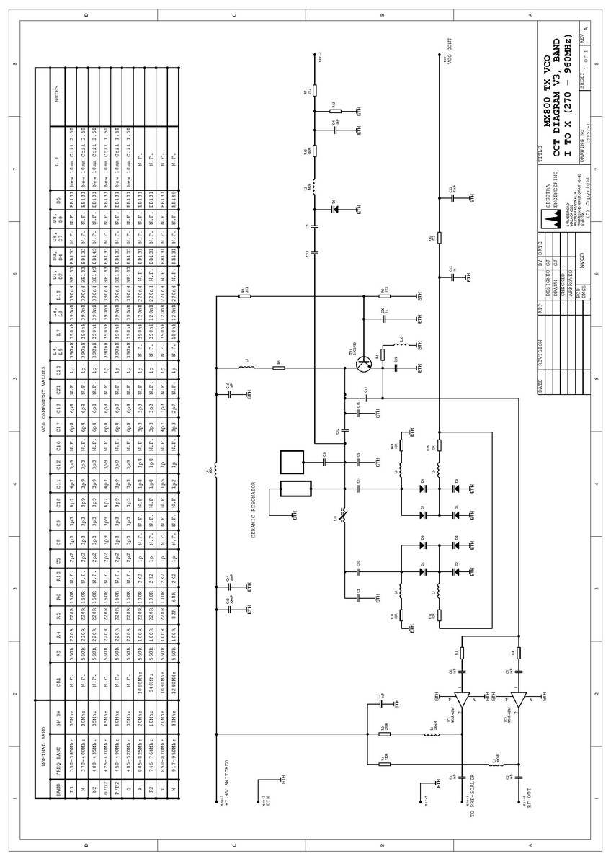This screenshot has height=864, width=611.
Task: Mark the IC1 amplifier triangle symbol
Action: click(462, 700)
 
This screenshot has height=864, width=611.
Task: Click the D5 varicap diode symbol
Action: click(334, 210)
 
